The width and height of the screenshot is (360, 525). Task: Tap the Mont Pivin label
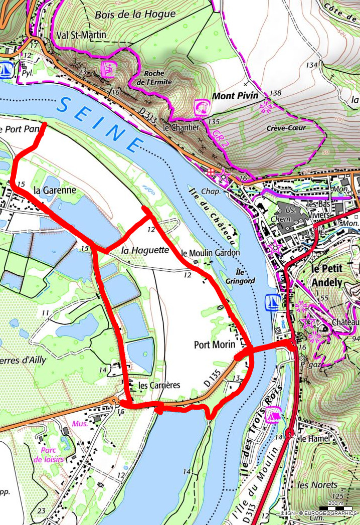tap(235, 95)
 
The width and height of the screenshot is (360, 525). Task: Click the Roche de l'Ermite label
tap(157, 78)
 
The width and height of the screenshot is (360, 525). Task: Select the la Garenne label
tap(55, 190)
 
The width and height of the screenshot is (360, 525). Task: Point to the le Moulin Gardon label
tap(211, 253)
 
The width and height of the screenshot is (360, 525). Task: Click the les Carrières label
tap(158, 386)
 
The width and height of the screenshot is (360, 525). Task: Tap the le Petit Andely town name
tap(326, 275)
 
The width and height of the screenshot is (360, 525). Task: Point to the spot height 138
tap(275, 93)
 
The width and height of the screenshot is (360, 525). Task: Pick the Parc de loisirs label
tap(45, 454)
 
